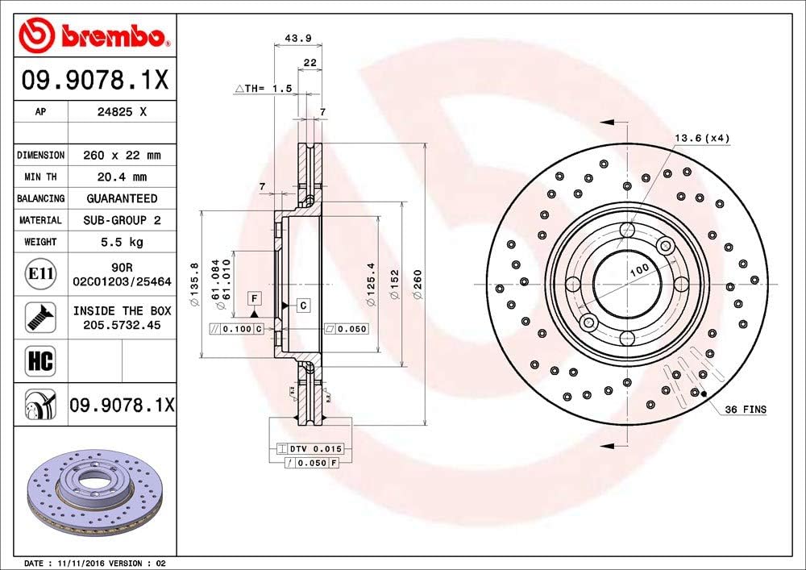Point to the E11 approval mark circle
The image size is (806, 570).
40,274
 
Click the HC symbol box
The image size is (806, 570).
40,360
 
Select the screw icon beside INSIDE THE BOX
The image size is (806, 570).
40,317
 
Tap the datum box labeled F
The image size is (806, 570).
254,298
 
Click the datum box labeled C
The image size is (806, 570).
303,305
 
